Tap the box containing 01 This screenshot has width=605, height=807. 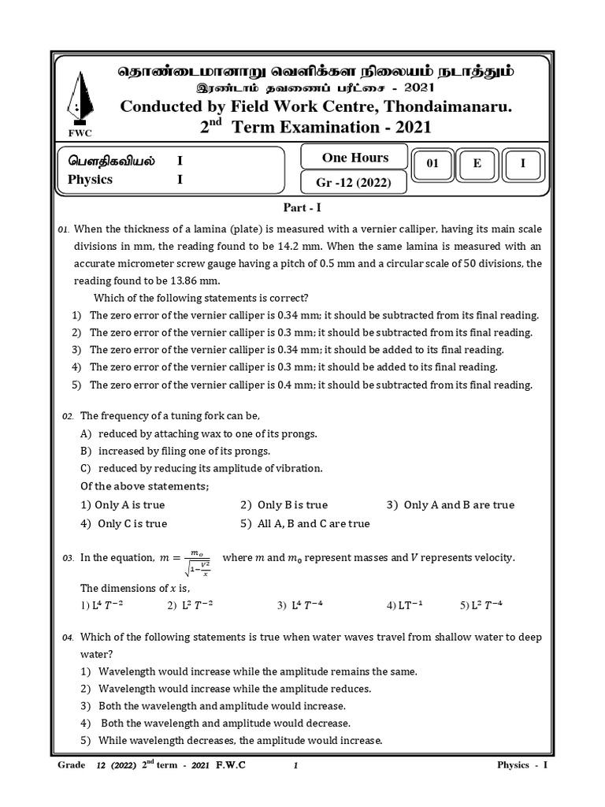pyautogui.click(x=432, y=164)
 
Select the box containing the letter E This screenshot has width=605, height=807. pyautogui.click(x=477, y=164)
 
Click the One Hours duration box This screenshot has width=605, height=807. pyautogui.click(x=355, y=158)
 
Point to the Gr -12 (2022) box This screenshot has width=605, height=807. pyautogui.click(x=355, y=184)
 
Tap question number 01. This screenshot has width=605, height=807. pyautogui.click(x=64, y=229)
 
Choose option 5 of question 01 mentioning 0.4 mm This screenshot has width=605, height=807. pyautogui.click(x=311, y=385)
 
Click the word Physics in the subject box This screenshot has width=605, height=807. pyautogui.click(x=91, y=180)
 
